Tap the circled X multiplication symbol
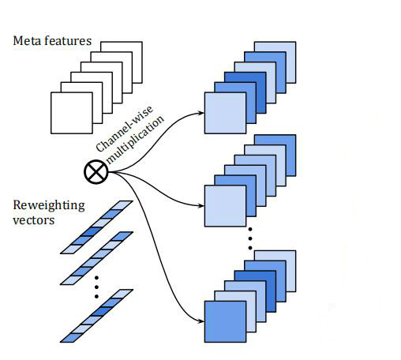(96, 171)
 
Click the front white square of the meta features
(72, 113)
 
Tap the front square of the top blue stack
(225, 113)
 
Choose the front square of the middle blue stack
(225, 206)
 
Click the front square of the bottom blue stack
(225, 321)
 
